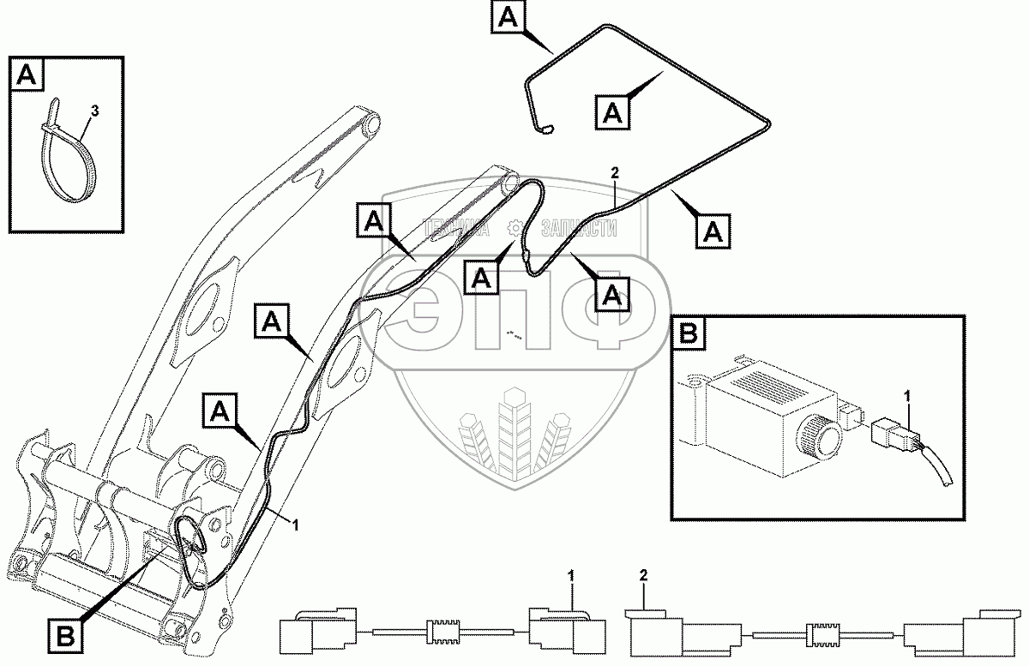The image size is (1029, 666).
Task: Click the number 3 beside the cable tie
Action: point(94,111)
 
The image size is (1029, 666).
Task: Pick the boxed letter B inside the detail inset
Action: point(689,333)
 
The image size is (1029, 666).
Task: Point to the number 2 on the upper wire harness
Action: point(614,172)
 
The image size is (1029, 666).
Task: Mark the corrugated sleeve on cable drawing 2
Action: point(821,636)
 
